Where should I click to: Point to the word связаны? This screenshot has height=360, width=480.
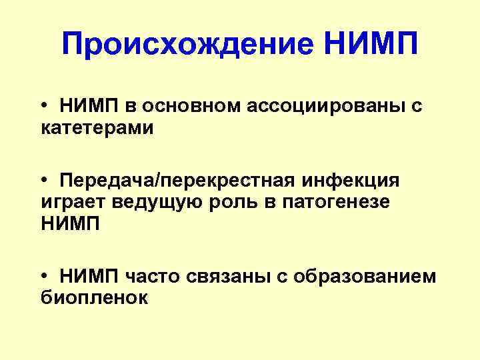click(223, 276)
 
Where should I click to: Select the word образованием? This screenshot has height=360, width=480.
click(365, 276)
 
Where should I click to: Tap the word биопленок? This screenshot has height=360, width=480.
click(94, 297)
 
